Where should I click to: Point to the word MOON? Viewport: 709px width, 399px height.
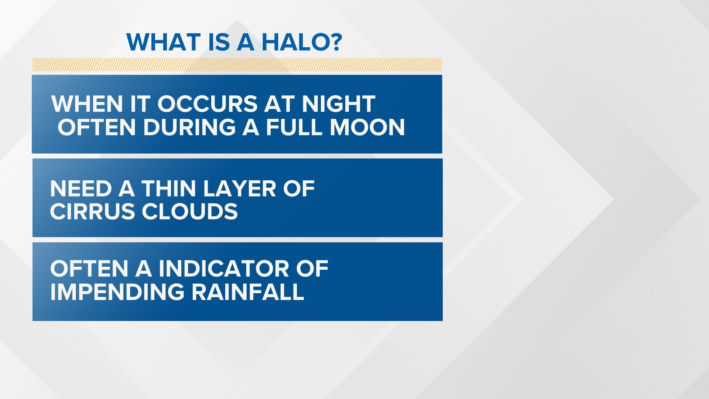pyautogui.click(x=367, y=127)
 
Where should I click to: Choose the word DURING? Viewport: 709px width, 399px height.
pyautogui.click(x=189, y=127)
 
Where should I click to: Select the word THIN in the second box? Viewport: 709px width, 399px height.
pyautogui.click(x=169, y=189)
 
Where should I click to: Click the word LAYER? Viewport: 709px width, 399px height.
pyautogui.click(x=239, y=189)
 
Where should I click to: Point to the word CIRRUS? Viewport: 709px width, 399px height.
pyautogui.click(x=92, y=212)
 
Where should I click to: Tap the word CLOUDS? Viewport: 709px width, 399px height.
pyautogui.click(x=190, y=212)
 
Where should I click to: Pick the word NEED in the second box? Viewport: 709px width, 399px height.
pyautogui.click(x=81, y=189)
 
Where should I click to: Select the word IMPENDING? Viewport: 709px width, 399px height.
pyautogui.click(x=117, y=292)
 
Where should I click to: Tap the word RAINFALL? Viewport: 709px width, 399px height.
pyautogui.click(x=248, y=292)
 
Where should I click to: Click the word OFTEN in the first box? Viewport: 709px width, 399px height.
pyautogui.click(x=96, y=127)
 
